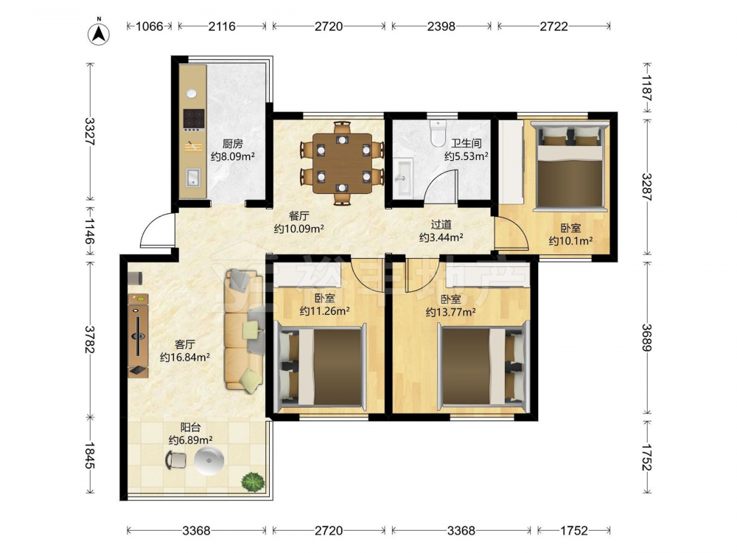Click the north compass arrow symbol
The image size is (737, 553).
coord(99,33)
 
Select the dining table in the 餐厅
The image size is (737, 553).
coord(342,163)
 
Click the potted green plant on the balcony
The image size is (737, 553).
coord(253,482)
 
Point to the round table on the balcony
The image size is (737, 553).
coord(209,460)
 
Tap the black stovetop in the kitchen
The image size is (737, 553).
coord(194,119)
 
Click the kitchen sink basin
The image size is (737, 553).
coord(192,178)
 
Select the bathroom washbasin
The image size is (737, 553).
coord(403,177)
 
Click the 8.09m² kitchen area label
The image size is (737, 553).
coord(233,156)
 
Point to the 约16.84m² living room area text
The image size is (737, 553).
coord(185,358)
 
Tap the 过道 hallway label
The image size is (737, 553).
coord(441,225)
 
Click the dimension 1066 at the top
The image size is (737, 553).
coord(150,26)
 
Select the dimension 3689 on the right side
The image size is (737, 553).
coord(647,338)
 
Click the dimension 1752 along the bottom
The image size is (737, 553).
coord(574,530)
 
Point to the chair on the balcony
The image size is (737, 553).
coord(176,460)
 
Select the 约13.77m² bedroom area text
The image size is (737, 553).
coord(450,311)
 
